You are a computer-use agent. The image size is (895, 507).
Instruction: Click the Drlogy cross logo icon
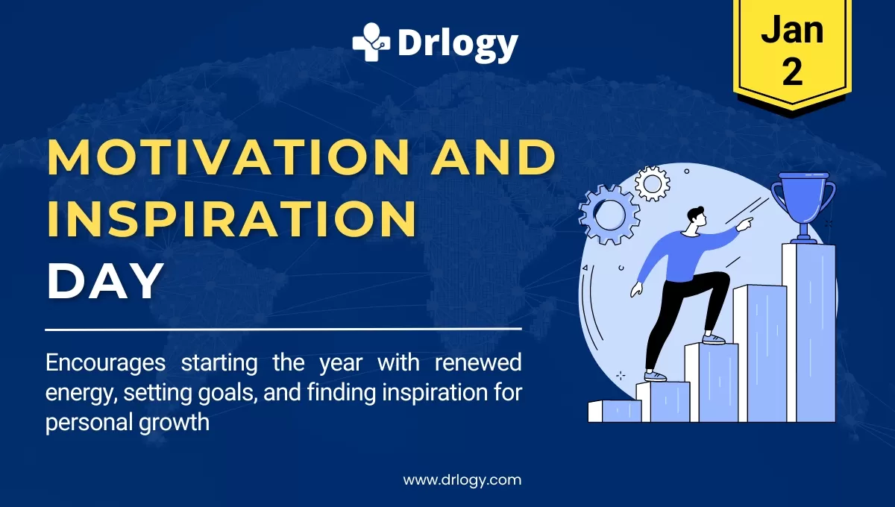tap(371, 42)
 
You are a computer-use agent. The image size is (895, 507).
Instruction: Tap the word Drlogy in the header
tap(458, 45)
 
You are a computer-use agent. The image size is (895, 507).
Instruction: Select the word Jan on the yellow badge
tap(792, 29)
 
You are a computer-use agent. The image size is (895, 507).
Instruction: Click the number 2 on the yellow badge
tap(793, 72)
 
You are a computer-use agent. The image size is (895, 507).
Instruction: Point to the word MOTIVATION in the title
tap(228, 157)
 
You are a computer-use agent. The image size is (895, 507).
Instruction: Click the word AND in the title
tap(494, 157)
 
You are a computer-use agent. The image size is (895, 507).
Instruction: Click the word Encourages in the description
tap(105, 364)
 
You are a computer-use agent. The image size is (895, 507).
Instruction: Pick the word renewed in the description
tap(478, 362)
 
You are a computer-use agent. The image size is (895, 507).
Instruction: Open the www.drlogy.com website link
tap(462, 480)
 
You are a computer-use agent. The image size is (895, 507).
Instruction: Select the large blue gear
tap(609, 215)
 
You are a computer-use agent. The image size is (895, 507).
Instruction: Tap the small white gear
tap(652, 183)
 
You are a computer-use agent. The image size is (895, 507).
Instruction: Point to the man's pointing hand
tap(745, 224)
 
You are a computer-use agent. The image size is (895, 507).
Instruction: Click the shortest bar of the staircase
tap(615, 412)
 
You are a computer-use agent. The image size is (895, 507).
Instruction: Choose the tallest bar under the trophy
tap(809, 333)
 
